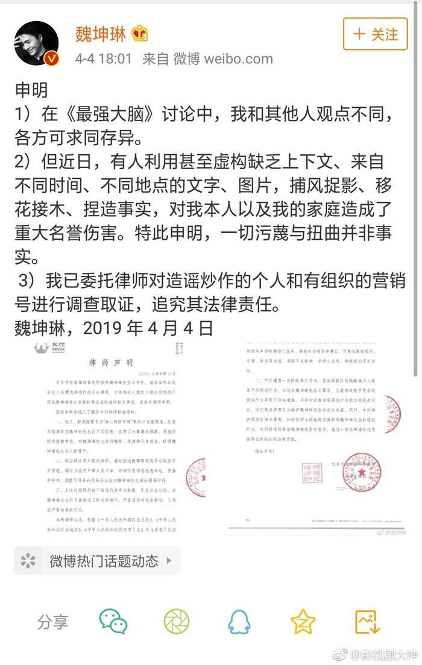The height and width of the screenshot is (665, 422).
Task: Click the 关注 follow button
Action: click(x=375, y=34)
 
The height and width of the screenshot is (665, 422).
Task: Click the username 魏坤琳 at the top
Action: click(x=100, y=34)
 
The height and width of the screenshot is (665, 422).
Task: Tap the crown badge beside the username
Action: click(x=140, y=34)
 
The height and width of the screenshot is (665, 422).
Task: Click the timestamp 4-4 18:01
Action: click(x=104, y=59)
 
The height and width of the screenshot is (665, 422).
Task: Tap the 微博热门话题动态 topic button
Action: click(x=96, y=561)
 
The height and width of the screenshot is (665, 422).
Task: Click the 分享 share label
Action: click(x=53, y=622)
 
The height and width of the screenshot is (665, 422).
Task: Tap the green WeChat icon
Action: click(x=113, y=622)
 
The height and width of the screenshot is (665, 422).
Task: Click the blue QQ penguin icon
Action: click(x=239, y=622)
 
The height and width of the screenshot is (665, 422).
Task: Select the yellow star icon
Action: click(x=303, y=622)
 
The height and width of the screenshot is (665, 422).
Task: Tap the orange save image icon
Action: click(x=366, y=622)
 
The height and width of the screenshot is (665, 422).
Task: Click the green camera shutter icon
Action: click(x=176, y=622)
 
